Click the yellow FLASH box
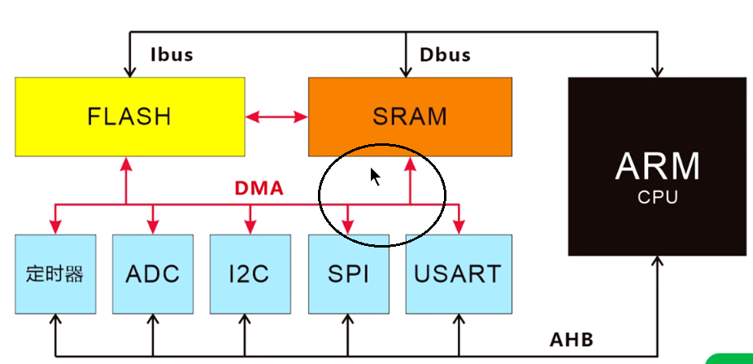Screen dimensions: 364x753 click(130, 116)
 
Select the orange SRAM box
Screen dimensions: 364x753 click(410, 116)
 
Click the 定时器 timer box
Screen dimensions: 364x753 click(55, 273)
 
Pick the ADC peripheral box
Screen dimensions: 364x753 click(153, 273)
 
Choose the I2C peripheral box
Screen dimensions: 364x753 click(250, 273)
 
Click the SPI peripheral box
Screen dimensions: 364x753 click(348, 273)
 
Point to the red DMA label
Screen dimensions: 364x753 click(259, 189)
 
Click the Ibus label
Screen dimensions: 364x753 click(172, 55)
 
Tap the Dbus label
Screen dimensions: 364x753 click(445, 55)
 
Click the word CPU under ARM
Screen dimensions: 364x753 click(657, 196)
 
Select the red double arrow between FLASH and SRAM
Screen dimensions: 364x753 click(276, 117)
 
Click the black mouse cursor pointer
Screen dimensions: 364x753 click(375, 177)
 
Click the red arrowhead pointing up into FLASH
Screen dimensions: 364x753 click(126, 162)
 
